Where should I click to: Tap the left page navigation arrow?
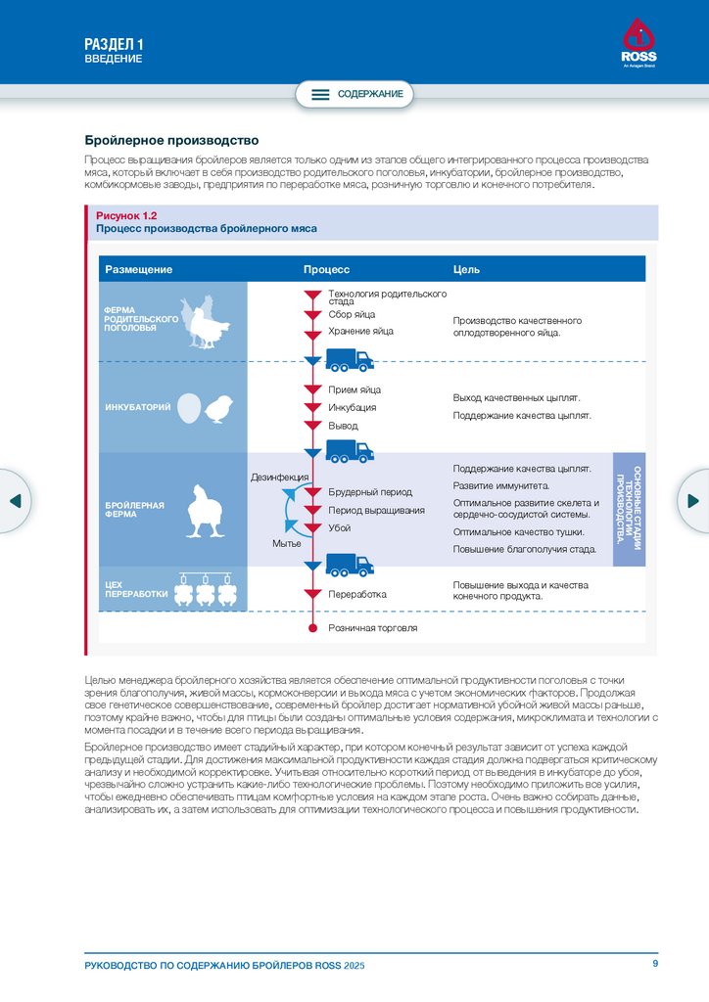pyautogui.click(x=15, y=501)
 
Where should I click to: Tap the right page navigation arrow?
pyautogui.click(x=693, y=501)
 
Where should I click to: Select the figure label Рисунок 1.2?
pyautogui.click(x=126, y=214)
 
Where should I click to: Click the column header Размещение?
pyautogui.click(x=139, y=269)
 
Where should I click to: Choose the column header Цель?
pyautogui.click(x=466, y=269)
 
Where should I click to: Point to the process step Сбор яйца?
pyautogui.click(x=352, y=315)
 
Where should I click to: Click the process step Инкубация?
pyautogui.click(x=353, y=407)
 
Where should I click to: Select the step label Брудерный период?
pyautogui.click(x=370, y=492)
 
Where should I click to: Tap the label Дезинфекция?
pyautogui.click(x=280, y=477)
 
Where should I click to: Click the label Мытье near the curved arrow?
pyautogui.click(x=287, y=543)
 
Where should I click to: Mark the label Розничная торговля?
pyautogui.click(x=372, y=628)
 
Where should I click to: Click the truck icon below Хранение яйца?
pyautogui.click(x=349, y=360)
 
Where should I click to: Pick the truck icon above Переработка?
pyautogui.click(x=349, y=565)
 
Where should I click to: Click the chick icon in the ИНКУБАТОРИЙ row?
pyautogui.click(x=219, y=409)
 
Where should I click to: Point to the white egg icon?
pyautogui.click(x=190, y=408)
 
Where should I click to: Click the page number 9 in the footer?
pyautogui.click(x=655, y=965)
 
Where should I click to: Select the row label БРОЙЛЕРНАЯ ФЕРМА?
pyautogui.click(x=134, y=510)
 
